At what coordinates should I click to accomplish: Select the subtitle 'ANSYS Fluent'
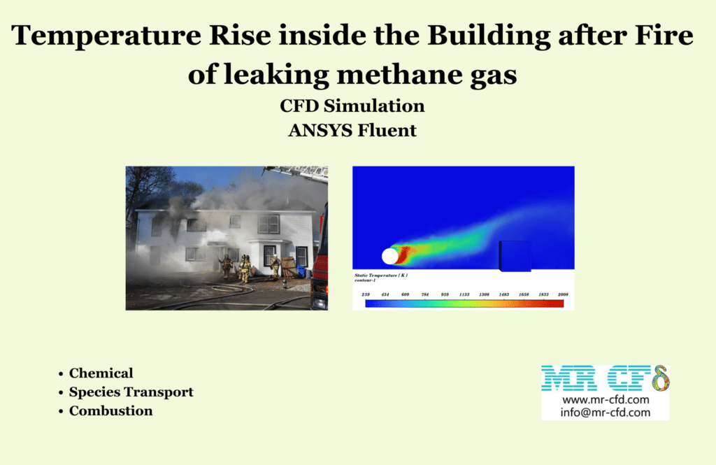click(x=352, y=129)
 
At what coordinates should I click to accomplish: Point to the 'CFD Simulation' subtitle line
click(x=352, y=106)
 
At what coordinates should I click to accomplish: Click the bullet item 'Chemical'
click(x=101, y=373)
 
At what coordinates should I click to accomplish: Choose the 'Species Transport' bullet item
click(x=131, y=392)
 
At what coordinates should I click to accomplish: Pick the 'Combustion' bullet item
click(x=110, y=411)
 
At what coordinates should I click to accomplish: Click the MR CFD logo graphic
click(x=606, y=378)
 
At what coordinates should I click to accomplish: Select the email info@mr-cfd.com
click(x=606, y=413)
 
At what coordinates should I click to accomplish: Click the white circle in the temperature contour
click(x=390, y=256)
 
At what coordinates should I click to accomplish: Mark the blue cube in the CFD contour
click(x=514, y=255)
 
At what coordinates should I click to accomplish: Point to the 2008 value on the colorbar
click(x=562, y=295)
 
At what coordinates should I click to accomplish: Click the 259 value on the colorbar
click(x=366, y=295)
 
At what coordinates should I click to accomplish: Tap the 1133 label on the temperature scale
click(x=464, y=295)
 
